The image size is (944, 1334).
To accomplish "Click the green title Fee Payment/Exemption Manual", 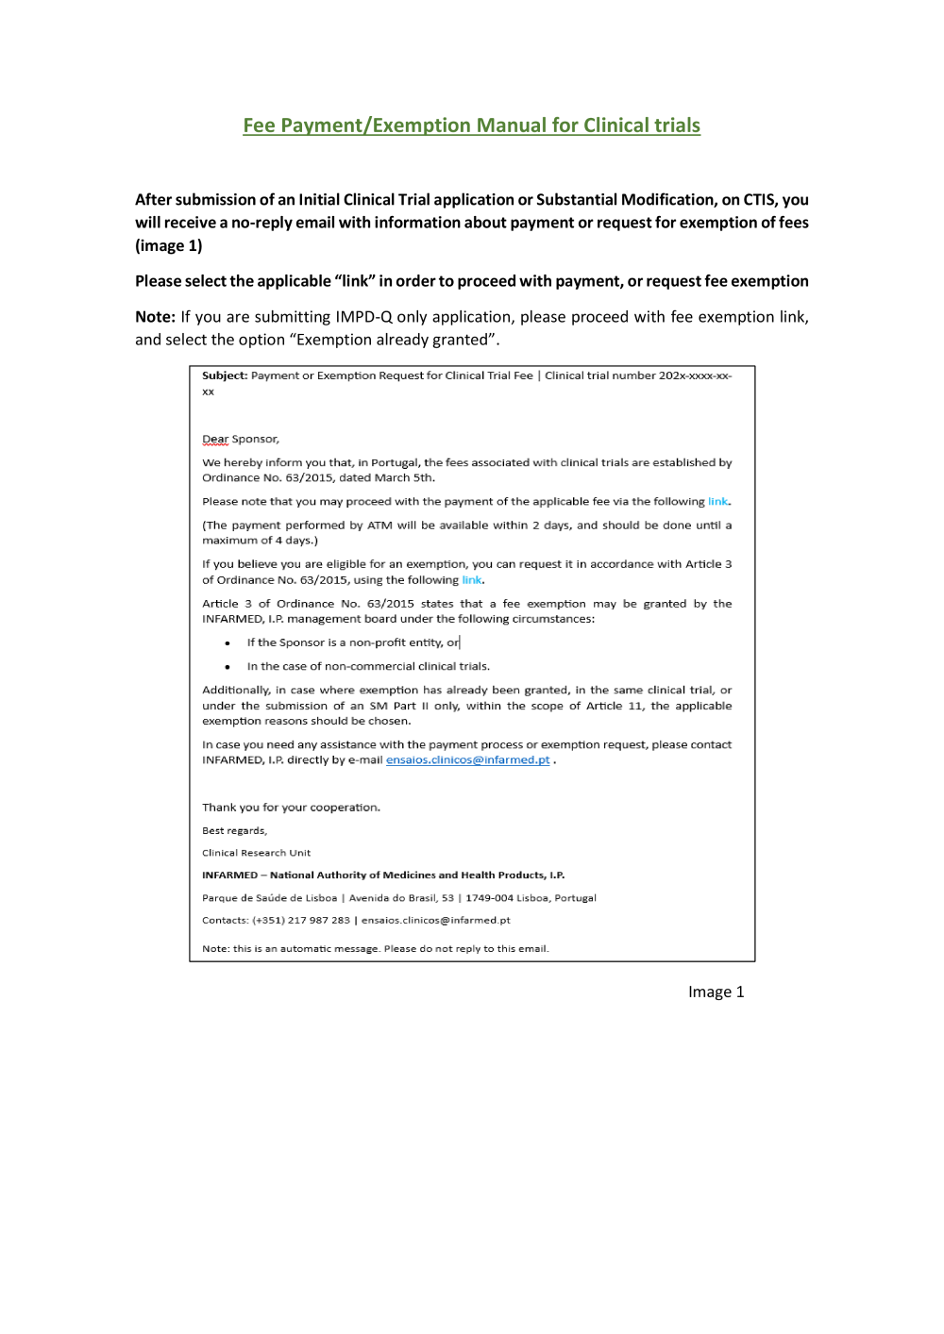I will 471,125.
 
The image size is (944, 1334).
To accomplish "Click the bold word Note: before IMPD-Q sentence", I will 155,317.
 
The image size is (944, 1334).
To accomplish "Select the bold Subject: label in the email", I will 225,375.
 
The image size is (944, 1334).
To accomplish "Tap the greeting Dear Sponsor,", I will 241,440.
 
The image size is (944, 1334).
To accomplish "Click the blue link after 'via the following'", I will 717,502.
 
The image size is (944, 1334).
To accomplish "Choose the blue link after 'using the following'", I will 471,580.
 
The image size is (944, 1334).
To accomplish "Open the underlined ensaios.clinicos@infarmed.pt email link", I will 467,760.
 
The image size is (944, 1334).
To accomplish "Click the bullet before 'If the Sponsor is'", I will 228,643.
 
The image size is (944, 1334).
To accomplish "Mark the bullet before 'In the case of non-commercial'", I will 228,667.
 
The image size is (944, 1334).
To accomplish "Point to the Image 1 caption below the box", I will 716,992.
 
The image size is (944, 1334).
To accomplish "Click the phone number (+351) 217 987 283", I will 301,921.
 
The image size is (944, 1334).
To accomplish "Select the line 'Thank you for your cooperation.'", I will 291,808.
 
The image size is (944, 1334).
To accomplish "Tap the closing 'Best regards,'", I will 234,831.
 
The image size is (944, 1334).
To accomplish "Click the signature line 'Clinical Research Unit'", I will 256,853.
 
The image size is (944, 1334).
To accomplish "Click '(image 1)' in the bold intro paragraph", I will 169,246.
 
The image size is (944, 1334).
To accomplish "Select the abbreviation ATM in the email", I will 379,525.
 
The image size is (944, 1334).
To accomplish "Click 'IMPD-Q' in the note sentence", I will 363,317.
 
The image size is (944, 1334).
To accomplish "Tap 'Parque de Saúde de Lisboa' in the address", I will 269,898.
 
